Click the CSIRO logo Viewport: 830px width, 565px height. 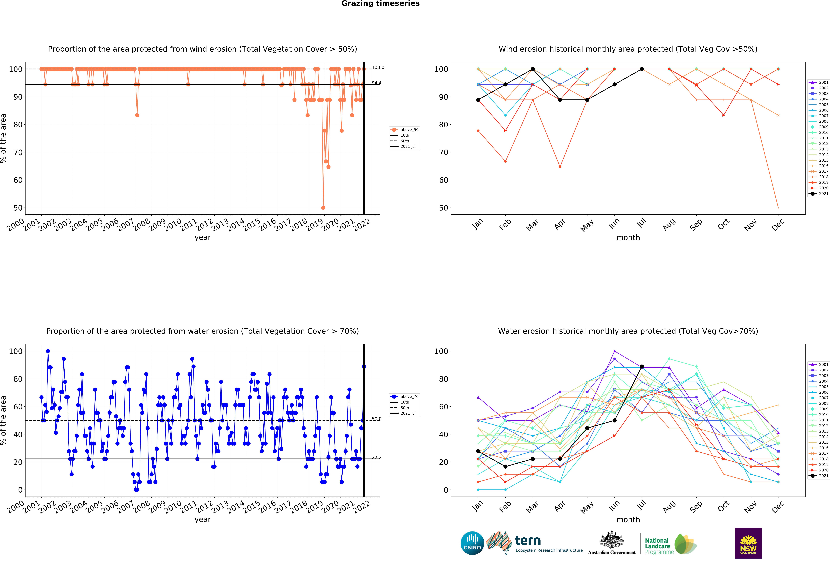click(472, 543)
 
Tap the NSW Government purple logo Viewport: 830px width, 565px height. click(748, 543)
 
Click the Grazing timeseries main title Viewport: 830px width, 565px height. click(380, 4)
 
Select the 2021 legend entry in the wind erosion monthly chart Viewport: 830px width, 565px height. click(819, 194)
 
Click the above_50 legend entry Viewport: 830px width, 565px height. click(405, 130)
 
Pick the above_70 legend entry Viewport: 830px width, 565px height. click(405, 397)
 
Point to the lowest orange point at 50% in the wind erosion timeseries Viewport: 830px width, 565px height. click(323, 208)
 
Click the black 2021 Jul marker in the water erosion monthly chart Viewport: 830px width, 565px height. click(642, 367)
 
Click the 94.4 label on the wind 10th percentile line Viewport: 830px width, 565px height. click(376, 83)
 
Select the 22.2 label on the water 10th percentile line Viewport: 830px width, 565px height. click(376, 457)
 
